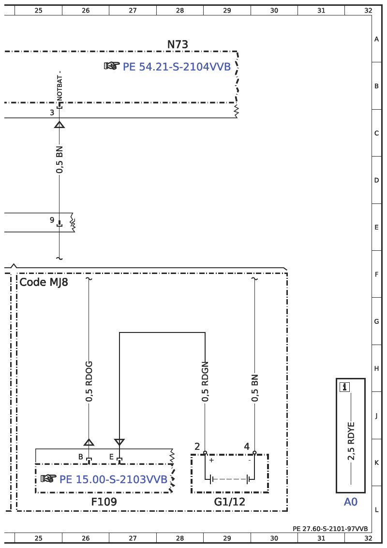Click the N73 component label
178,44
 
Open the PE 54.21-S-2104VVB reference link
177,66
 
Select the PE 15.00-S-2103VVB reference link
113,479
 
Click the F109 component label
104,502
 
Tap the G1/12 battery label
230,502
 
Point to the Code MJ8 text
44,282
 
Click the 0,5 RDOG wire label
89,381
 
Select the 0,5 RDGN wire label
205,381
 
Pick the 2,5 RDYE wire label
351,441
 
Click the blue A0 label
351,502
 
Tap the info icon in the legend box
344,387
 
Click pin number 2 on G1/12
197,447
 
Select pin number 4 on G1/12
247,447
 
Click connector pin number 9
52,220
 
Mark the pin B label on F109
80,457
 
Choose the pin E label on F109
111,457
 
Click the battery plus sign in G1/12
211,460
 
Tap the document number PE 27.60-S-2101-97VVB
330,529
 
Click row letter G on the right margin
376,321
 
